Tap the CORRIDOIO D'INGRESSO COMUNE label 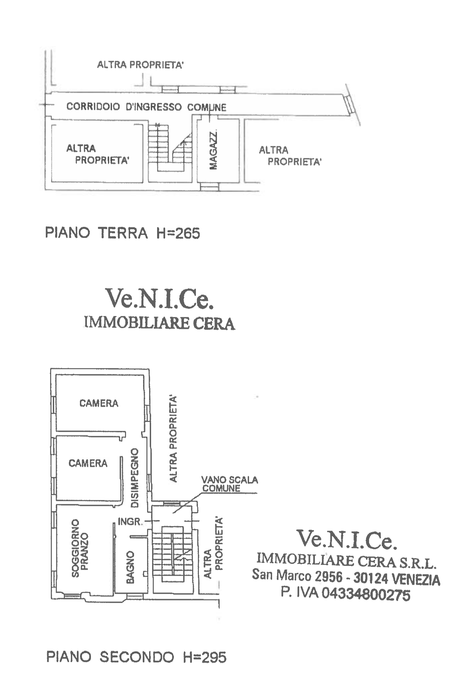click(146, 107)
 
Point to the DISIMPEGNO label click(135, 478)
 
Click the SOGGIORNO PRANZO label click(80, 548)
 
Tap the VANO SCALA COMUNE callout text click(230, 484)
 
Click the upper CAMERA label click(99, 403)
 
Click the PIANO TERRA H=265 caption click(123, 233)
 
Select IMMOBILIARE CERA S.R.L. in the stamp click(347, 561)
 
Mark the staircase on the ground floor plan click(170, 148)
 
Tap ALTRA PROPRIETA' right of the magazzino click(290, 156)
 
